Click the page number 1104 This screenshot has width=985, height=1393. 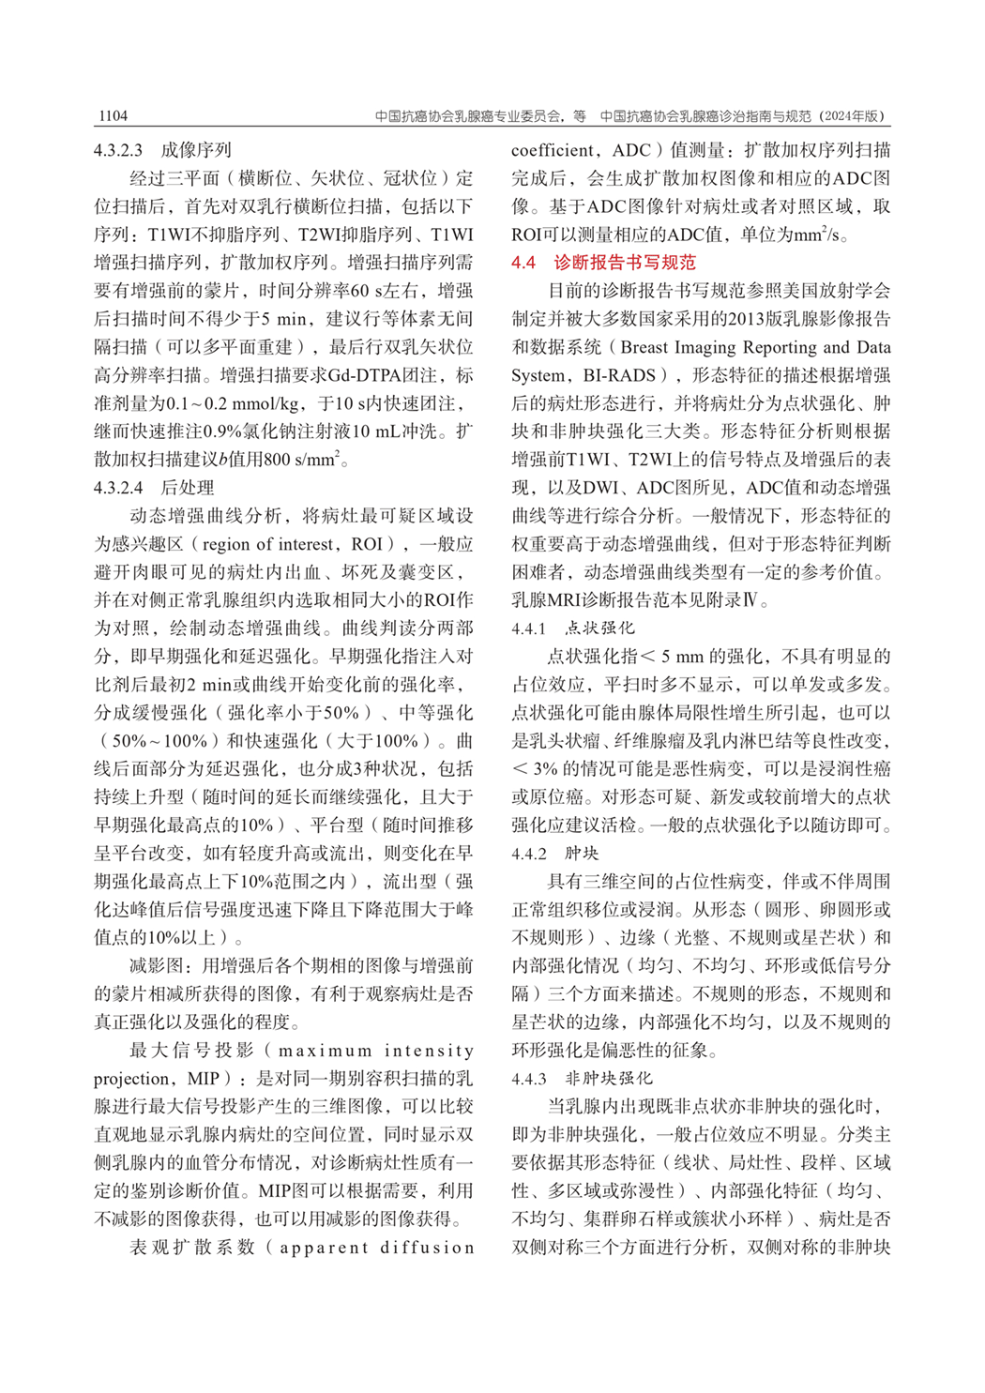112,116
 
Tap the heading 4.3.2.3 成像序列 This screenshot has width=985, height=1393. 162,150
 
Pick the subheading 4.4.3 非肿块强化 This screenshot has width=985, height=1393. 582,1079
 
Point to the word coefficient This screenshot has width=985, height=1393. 553,150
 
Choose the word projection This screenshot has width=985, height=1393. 131,1079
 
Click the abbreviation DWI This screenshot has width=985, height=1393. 601,488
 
